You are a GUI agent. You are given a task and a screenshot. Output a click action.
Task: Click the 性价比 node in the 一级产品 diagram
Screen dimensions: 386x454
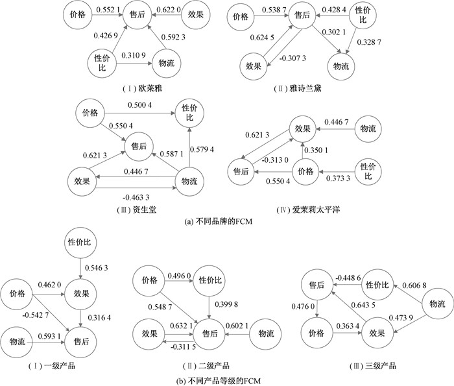[x=82, y=242]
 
